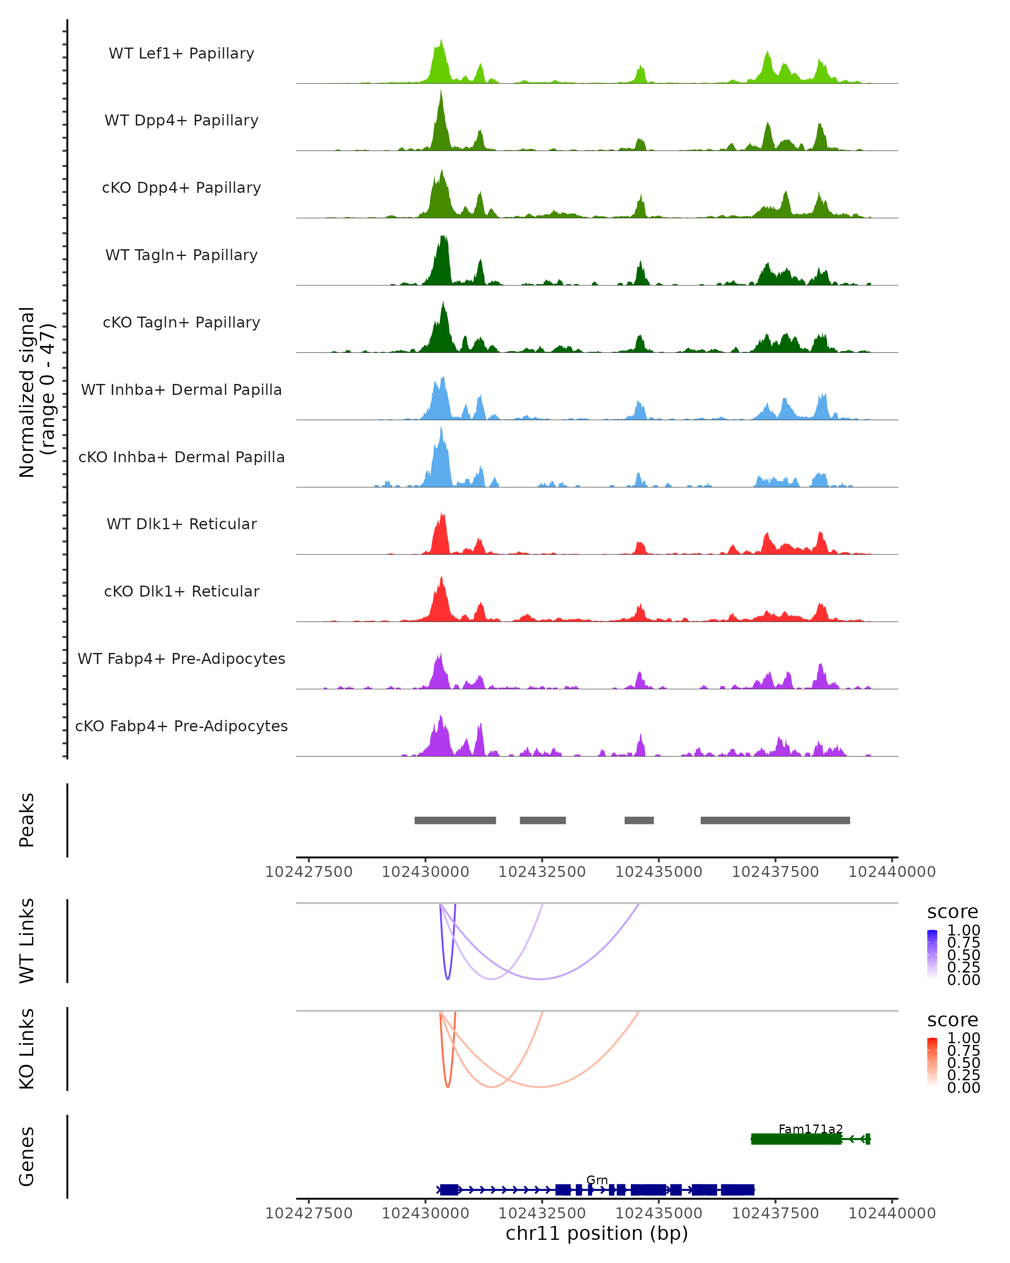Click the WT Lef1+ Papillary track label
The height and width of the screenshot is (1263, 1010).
coord(181,53)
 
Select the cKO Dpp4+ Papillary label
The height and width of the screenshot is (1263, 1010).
coord(181,188)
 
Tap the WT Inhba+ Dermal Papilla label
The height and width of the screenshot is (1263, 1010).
coord(181,390)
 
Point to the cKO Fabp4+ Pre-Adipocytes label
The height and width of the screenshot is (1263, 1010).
coord(181,726)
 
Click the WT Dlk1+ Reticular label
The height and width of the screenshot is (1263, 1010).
coord(181,524)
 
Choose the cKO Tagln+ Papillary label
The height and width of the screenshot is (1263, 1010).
coord(181,323)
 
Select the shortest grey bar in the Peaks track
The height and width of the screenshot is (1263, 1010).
coord(639,820)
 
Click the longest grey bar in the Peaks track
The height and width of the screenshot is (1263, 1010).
coord(775,820)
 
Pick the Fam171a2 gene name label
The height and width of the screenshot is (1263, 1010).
coord(811,1129)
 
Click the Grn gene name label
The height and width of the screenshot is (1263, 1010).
coord(597,1180)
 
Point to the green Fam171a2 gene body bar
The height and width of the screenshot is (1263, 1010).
coord(796,1139)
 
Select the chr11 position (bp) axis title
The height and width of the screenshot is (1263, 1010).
coord(597,1234)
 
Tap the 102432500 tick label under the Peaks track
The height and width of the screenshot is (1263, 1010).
coord(542,872)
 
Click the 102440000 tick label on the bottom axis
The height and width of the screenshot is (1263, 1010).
coord(892,1213)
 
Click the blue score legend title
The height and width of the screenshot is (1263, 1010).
coord(952,912)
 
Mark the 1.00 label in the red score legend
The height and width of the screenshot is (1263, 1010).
coord(963,1038)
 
